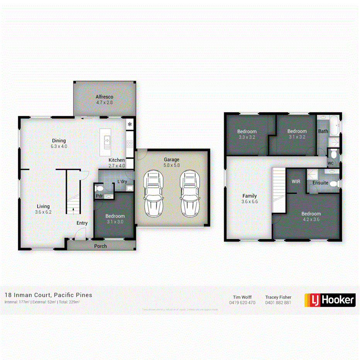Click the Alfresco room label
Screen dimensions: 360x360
click(104, 97)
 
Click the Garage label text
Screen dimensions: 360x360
click(172, 159)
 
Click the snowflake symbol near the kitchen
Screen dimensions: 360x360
click(130, 124)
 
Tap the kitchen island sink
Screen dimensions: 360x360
click(107, 139)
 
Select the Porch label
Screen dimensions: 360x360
click(100, 246)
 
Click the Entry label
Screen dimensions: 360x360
click(82, 223)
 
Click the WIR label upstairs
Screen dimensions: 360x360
click(296, 181)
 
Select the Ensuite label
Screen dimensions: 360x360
click(320, 183)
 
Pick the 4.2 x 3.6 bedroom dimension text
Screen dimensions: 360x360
click(311, 219)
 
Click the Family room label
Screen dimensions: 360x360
click(250, 196)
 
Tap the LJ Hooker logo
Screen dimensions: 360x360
click(330, 300)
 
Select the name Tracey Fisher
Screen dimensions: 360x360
click(278, 297)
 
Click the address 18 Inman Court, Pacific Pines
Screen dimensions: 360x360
click(48, 295)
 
